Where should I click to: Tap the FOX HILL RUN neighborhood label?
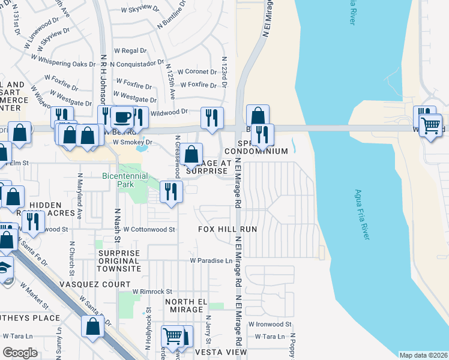(228, 229)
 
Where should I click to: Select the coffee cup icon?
(122, 116)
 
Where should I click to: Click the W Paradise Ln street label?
(211, 260)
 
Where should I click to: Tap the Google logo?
(20, 353)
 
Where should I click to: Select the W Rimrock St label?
(153, 291)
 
